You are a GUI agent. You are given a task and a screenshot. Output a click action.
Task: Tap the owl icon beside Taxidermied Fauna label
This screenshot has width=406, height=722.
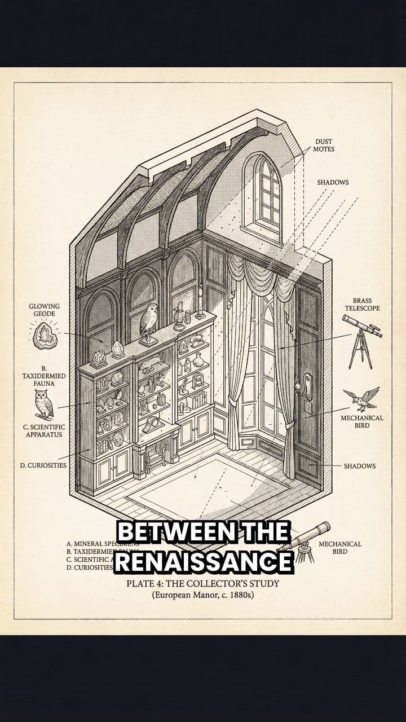(x=43, y=403)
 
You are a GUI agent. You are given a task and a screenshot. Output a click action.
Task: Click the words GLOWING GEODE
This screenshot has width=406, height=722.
(x=44, y=310)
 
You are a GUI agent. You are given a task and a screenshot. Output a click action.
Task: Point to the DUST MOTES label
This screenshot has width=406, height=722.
(x=324, y=145)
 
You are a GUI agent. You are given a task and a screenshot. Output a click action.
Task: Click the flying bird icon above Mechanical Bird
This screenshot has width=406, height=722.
(x=361, y=399)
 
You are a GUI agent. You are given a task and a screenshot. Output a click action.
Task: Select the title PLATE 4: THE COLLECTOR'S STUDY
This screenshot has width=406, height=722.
(x=203, y=583)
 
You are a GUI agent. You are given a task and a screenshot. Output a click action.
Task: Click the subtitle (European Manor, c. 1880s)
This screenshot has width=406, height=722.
(x=203, y=595)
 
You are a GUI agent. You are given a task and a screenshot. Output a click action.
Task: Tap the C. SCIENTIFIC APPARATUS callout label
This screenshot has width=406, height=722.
(x=44, y=431)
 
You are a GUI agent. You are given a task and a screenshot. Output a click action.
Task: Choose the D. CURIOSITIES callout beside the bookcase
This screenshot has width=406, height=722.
(x=43, y=465)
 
